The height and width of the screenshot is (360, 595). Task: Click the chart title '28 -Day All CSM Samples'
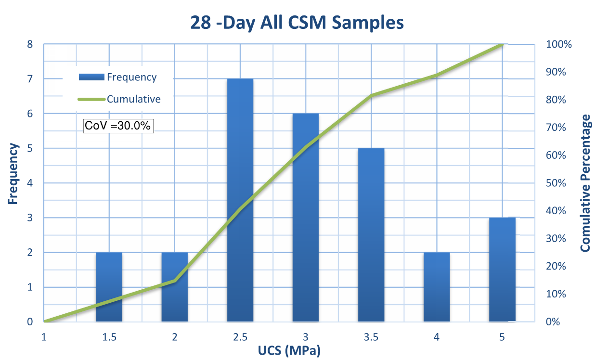297,23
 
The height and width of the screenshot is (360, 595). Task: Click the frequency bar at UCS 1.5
109,287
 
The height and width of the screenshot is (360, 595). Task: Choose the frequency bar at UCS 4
437,287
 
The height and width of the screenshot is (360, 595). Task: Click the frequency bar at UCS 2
174,287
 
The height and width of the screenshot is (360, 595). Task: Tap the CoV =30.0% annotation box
118,126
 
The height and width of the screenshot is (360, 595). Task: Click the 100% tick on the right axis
559,44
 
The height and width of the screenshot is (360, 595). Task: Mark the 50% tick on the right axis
556,183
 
